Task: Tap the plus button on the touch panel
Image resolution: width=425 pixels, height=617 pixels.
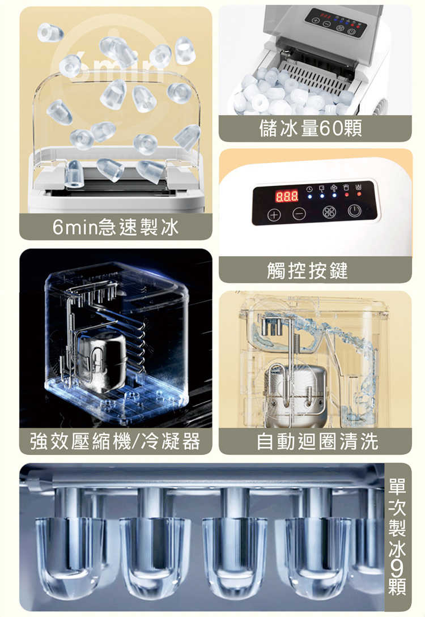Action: pyautogui.click(x=274, y=215)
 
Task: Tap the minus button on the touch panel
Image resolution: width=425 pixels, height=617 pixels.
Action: pyautogui.click(x=299, y=214)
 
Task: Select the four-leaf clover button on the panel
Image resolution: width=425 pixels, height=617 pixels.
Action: pyautogui.click(x=329, y=212)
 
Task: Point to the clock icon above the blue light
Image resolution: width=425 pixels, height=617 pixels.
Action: pyautogui.click(x=310, y=189)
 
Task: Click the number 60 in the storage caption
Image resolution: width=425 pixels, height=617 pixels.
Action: pyautogui.click(x=330, y=128)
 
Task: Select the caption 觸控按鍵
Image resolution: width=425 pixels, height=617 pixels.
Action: pyautogui.click(x=307, y=270)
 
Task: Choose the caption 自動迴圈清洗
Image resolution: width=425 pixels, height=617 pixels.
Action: pyautogui.click(x=317, y=441)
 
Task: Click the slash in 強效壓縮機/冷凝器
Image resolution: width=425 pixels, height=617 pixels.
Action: pyautogui.click(x=135, y=441)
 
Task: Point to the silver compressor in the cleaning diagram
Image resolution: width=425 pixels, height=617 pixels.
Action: pyautogui.click(x=296, y=395)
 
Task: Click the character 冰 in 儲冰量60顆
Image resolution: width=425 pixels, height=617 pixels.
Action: pyautogui.click(x=289, y=128)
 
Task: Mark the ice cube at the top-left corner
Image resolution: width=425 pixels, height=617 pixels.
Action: pyautogui.click(x=50, y=32)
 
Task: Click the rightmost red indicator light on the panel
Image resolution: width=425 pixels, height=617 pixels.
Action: pyautogui.click(x=359, y=194)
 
